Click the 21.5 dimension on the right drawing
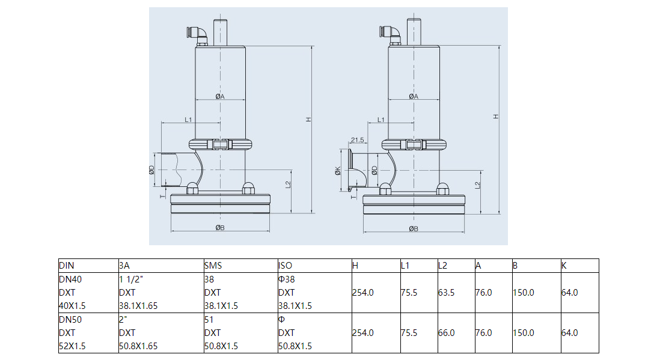pyautogui.click(x=357, y=140)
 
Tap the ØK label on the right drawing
pyautogui.click(x=338, y=171)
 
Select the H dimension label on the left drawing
pyautogui.click(x=308, y=119)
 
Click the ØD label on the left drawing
pyautogui.click(x=152, y=170)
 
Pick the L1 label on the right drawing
pyautogui.click(x=381, y=120)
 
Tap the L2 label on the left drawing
pyautogui.click(x=289, y=184)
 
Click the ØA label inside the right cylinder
pyautogui.click(x=414, y=97)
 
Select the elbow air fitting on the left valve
pyautogui.click(x=201, y=34)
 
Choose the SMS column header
pyautogui.click(x=212, y=265)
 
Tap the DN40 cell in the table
pyautogui.click(x=70, y=279)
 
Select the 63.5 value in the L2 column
pyautogui.click(x=447, y=293)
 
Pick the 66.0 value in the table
pyautogui.click(x=447, y=332)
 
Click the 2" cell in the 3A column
pyautogui.click(x=123, y=319)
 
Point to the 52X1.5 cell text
pyautogui.click(x=72, y=346)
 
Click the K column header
pyautogui.click(x=564, y=265)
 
